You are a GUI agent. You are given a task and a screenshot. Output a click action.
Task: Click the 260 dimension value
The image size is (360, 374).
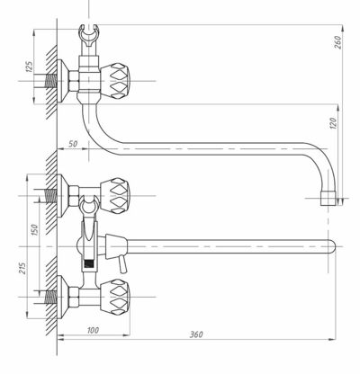coord(337,42)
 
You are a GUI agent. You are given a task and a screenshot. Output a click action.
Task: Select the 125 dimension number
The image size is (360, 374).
coord(29,67)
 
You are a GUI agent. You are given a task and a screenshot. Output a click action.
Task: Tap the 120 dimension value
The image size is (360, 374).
coord(333,123)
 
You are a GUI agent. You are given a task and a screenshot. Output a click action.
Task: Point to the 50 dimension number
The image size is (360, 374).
coord(73,144)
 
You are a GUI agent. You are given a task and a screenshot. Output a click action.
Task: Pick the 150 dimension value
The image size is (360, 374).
coord(35,229)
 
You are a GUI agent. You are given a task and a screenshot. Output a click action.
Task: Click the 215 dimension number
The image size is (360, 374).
coord(22,268)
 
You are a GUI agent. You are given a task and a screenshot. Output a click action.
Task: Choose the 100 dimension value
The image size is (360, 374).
coord(93,330)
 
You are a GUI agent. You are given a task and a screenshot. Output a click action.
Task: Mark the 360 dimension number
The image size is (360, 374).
coord(196,334)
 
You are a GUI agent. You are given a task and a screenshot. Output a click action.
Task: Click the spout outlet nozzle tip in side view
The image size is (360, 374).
coord(328,198)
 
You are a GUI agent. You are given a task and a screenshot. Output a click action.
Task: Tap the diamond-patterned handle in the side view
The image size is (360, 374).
coord(115,81)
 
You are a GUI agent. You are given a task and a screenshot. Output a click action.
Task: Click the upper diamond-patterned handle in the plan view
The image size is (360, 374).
coord(115,196)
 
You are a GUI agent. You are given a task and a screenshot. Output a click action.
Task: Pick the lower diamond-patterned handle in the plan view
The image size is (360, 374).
coord(115,297)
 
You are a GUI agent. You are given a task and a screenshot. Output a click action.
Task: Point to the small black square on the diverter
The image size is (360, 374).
coord(89,263)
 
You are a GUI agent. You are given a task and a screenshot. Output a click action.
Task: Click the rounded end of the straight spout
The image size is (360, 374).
coord(331,246)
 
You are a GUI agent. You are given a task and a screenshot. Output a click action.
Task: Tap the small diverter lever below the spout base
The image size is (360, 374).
coord(122,265)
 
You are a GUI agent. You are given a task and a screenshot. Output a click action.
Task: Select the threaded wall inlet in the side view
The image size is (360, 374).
coord(51,81)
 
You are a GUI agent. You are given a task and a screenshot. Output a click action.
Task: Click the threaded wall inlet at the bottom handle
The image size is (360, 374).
coord(51,297)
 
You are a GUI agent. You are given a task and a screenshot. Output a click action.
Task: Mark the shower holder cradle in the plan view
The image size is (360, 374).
coord(89,204)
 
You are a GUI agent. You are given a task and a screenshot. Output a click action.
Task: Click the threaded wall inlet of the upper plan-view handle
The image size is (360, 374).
coord(51,196)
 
